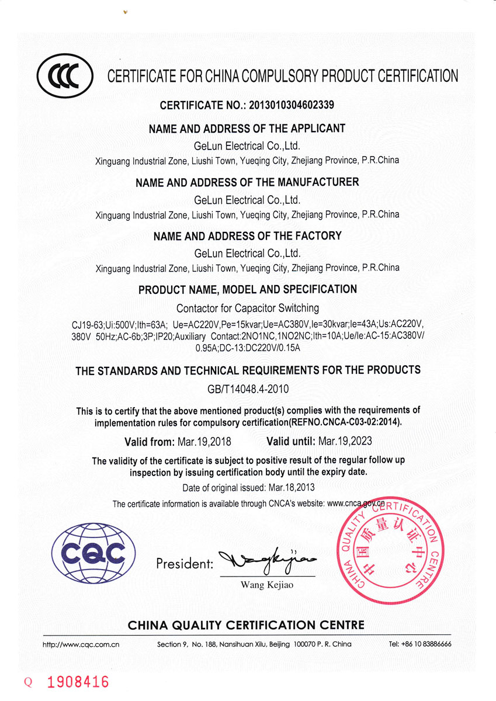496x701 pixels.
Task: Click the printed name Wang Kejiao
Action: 267,585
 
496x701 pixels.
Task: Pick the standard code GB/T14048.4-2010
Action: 248,388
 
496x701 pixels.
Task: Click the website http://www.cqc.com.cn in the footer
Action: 81,644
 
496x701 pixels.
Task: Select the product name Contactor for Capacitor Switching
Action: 248,308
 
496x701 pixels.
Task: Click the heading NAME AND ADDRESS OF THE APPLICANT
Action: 247,129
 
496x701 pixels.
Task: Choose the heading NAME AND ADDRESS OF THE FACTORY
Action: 247,236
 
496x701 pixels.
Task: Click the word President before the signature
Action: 184,564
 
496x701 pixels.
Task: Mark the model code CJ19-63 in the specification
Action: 87,324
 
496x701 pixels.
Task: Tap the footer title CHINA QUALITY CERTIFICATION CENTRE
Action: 246,625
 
